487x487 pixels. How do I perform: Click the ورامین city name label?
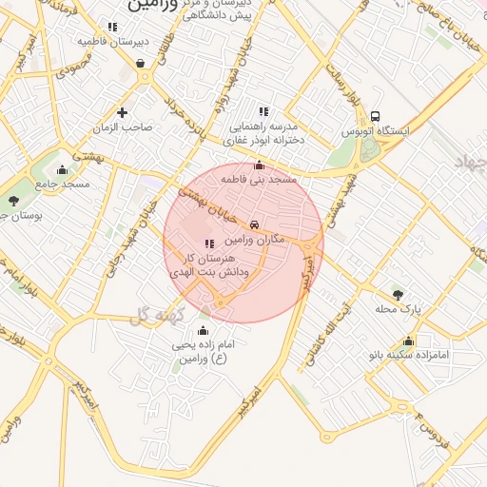tap(151, 6)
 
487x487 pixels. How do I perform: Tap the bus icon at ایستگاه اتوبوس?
tap(375, 114)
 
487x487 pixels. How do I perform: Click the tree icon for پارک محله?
tap(398, 294)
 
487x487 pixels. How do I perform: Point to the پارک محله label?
tap(397, 309)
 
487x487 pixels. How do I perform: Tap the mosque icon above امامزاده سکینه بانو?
tap(409, 341)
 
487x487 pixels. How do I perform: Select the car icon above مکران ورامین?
tap(255, 224)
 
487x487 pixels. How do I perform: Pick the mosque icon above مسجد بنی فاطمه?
tap(259, 165)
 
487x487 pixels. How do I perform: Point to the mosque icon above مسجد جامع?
tap(63, 169)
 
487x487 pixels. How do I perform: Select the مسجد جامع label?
tap(63, 184)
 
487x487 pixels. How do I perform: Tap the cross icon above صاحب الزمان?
tap(122, 112)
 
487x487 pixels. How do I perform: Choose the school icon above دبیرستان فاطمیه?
tap(112, 27)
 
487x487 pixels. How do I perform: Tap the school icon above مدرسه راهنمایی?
tap(263, 111)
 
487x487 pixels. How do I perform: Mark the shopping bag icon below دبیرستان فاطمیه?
tap(141, 63)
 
